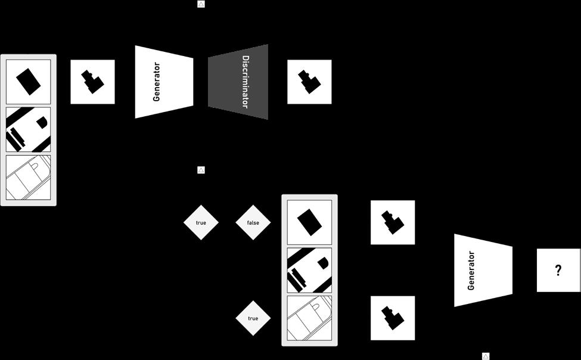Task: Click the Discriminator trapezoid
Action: (238, 82)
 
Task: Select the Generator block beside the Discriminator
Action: (164, 82)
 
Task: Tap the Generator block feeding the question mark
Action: (483, 270)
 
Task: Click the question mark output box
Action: (558, 270)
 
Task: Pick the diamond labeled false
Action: (253, 222)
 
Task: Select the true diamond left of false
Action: (201, 222)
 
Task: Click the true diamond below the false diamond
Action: (253, 318)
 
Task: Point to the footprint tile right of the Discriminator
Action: (309, 82)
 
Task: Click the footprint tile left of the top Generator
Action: (92, 82)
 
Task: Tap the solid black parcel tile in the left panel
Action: (28, 82)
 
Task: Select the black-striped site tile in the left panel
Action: (28, 129)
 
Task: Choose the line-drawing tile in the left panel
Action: (28, 178)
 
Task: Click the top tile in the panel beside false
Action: (309, 222)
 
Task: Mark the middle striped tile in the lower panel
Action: (309, 270)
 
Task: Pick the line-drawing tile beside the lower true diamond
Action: (309, 318)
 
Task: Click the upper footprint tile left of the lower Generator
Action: (393, 222)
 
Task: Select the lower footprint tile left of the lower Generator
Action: (393, 318)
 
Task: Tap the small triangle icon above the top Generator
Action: (201, 4)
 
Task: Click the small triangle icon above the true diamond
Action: (201, 170)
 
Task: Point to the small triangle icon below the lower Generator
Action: (486, 356)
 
